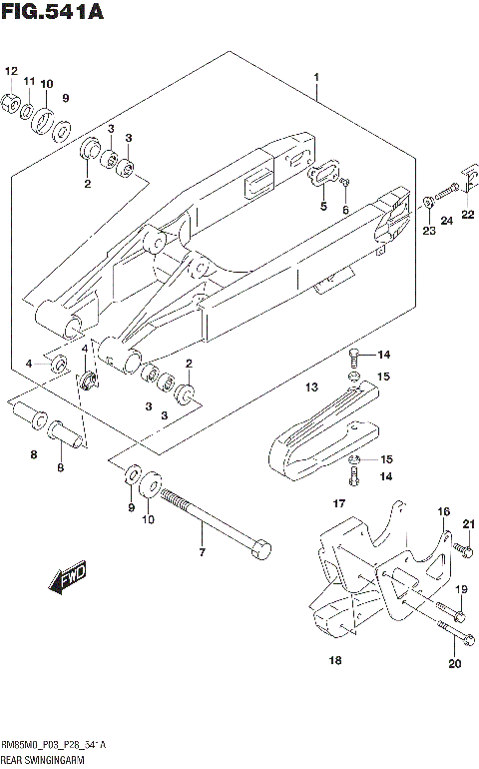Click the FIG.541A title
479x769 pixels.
52,13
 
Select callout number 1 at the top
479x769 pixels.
316,77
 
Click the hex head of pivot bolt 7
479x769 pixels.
260,548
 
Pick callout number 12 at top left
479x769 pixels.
11,71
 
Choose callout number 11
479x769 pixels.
30,81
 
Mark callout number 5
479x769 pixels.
322,207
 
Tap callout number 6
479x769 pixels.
346,210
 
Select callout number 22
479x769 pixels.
468,215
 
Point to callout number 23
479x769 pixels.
428,231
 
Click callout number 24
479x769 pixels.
447,220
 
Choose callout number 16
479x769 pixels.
444,511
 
